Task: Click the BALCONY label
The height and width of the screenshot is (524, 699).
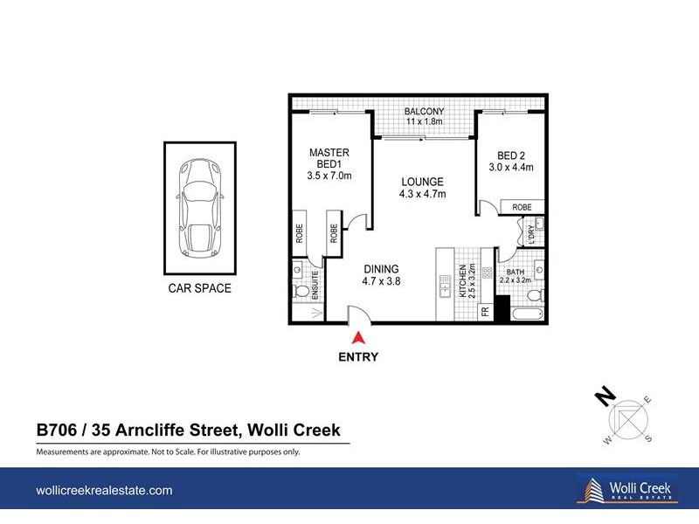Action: click(425, 112)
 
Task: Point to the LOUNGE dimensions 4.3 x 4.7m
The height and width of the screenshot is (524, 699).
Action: click(422, 194)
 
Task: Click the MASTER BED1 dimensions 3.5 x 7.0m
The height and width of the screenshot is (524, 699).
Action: click(329, 176)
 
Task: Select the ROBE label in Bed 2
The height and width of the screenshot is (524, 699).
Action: click(523, 208)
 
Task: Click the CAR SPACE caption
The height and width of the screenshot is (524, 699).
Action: click(199, 288)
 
